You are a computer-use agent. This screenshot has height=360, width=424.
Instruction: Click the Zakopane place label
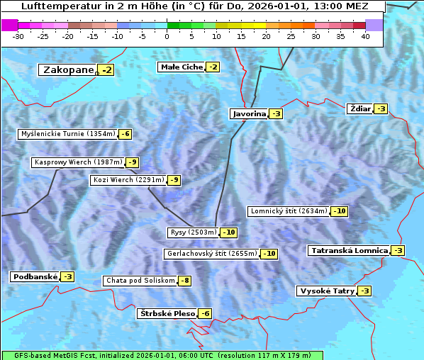click(x=68, y=70)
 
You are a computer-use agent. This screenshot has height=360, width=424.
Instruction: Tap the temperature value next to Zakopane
click(x=106, y=70)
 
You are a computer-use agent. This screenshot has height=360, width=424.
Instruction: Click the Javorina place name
click(x=249, y=114)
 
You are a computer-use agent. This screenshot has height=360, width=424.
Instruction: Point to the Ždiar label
click(x=359, y=108)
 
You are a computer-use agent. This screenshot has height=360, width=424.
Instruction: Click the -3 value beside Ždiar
click(x=381, y=108)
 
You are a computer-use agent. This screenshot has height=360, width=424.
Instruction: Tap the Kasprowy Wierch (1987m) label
click(x=78, y=162)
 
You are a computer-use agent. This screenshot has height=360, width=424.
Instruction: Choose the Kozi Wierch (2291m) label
click(x=128, y=180)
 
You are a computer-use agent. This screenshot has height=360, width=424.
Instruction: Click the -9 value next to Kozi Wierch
click(x=174, y=180)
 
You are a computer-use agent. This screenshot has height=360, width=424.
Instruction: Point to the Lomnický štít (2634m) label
click(x=289, y=211)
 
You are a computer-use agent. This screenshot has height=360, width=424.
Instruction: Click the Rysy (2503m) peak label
click(x=193, y=232)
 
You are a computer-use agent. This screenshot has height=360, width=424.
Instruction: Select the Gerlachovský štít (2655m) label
click(x=211, y=254)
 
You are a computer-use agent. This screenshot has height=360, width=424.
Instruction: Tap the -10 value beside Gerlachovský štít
click(x=269, y=254)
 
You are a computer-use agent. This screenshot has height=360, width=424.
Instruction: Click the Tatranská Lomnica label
click(x=349, y=251)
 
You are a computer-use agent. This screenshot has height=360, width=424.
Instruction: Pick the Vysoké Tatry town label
click(x=326, y=291)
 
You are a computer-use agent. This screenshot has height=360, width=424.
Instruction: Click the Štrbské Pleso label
click(x=167, y=313)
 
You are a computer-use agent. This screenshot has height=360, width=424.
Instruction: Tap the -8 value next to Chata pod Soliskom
click(x=184, y=281)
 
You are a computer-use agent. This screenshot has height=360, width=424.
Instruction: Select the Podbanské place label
click(x=34, y=276)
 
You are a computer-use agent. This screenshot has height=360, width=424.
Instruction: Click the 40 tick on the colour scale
click(x=365, y=36)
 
